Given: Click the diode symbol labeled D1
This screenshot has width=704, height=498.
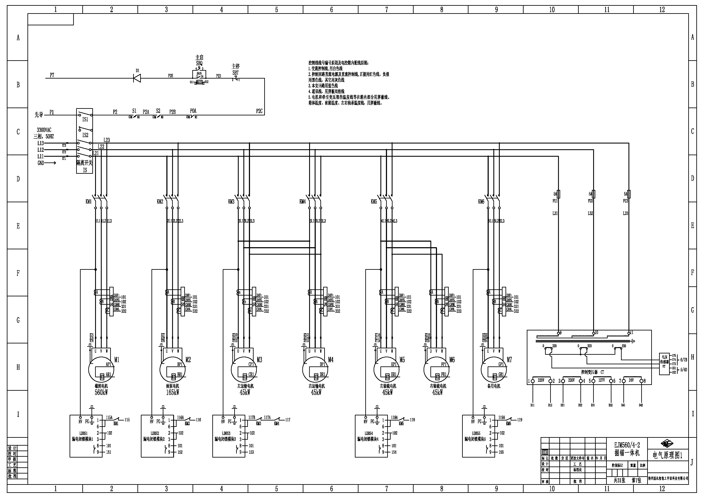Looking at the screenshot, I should (137, 78).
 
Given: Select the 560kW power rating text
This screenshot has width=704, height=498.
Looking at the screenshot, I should (101, 392).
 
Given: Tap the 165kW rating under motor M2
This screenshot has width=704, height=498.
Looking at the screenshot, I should (172, 392).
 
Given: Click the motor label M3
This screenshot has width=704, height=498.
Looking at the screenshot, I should (259, 360).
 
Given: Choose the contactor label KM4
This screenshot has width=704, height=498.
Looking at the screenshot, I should (303, 202).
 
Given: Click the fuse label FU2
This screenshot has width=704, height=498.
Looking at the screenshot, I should (590, 201).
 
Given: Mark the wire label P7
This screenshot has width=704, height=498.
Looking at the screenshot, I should (52, 75).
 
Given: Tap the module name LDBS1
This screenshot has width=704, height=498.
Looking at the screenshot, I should (83, 433).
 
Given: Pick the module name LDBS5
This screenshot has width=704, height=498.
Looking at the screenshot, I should (476, 433).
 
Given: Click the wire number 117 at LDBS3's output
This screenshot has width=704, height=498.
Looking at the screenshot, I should (288, 420).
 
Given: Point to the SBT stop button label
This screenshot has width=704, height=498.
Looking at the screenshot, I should (236, 73).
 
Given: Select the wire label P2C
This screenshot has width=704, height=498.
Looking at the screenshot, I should (259, 111).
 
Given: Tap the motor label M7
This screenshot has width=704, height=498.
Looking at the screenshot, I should (509, 360).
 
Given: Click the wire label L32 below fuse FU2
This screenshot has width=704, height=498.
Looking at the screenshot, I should (590, 213).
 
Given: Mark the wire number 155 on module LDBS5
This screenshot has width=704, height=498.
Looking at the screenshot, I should (501, 452).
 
